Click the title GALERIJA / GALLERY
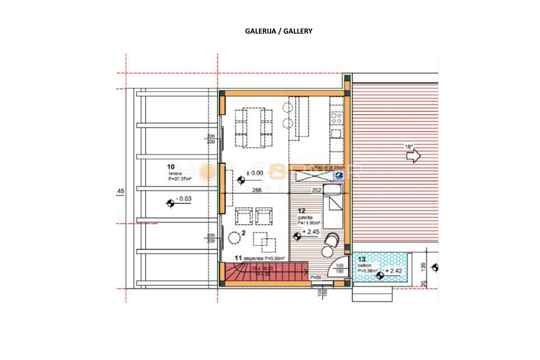click(279, 31)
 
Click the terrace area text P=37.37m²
click(180, 179)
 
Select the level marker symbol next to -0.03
click(171, 203)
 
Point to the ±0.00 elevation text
click(255, 172)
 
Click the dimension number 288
click(257, 190)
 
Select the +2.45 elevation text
click(313, 231)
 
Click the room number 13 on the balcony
click(361, 259)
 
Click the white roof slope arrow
click(413, 157)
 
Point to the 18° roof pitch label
click(409, 146)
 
